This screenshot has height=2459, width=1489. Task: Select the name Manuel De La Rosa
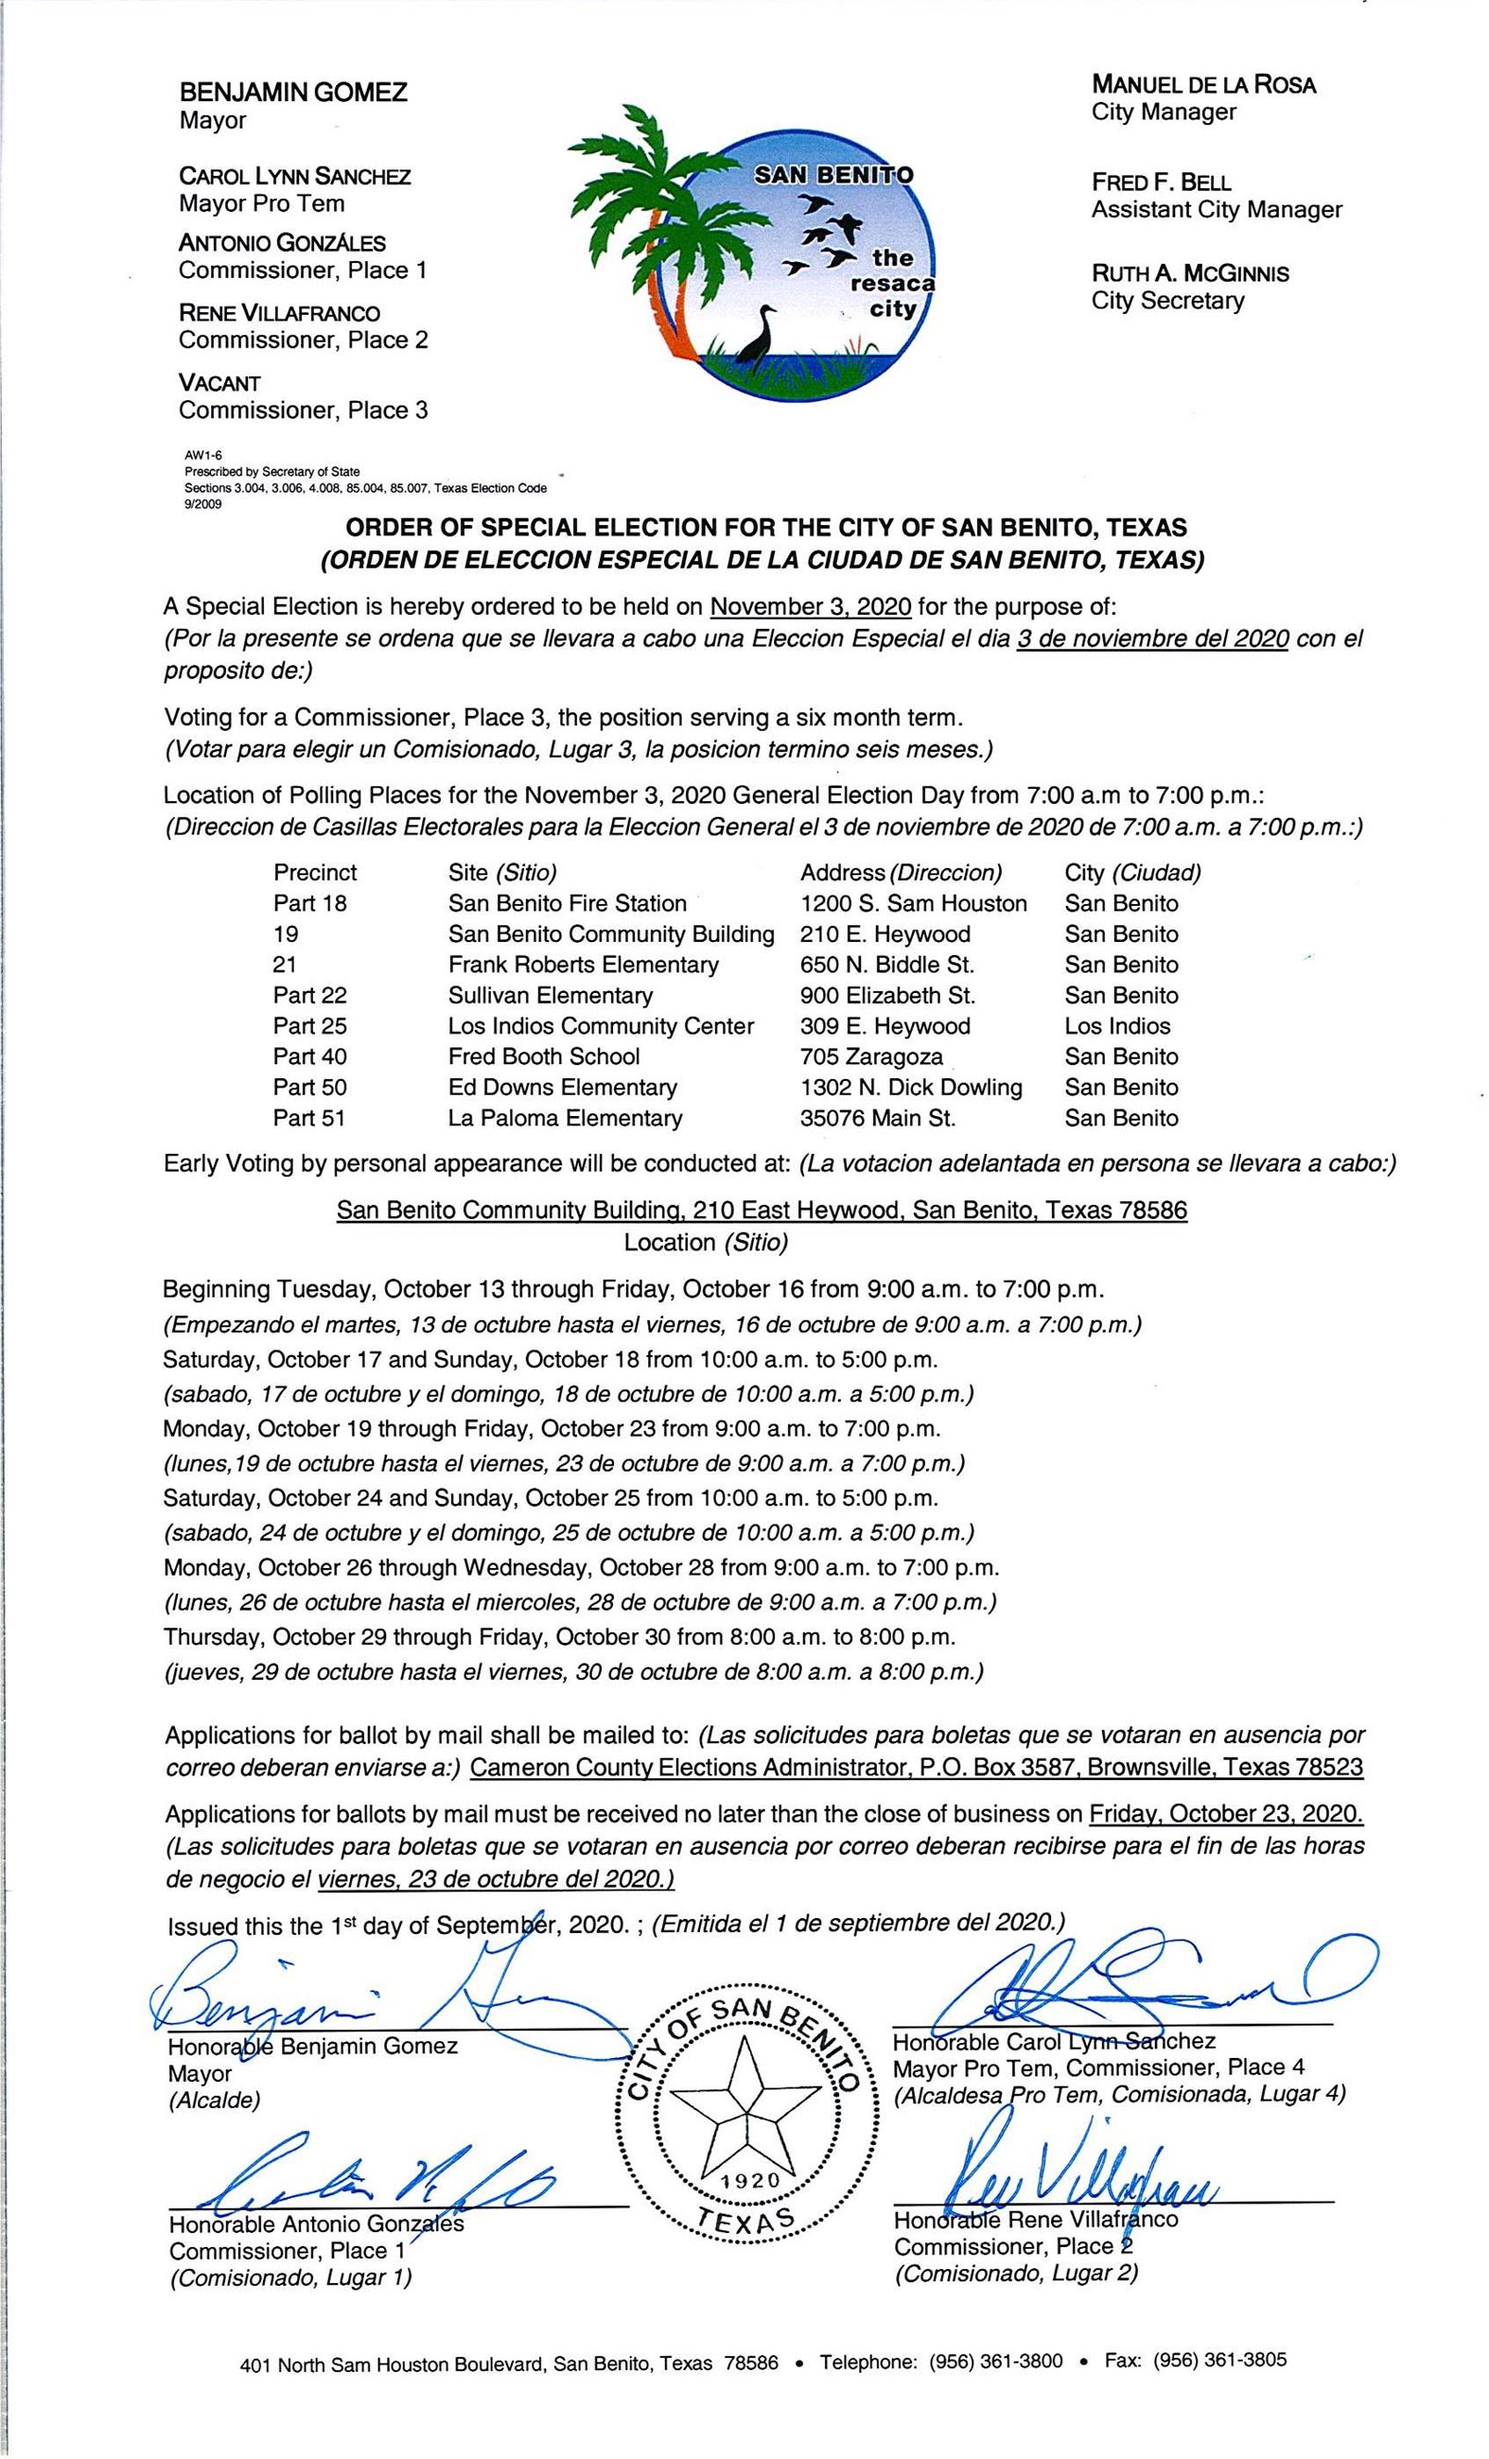pos(1203,85)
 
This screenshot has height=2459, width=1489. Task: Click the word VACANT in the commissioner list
pos(219,383)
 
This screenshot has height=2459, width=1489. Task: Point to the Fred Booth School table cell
pos(544,1055)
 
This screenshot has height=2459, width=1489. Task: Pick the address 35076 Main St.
pos(877,1118)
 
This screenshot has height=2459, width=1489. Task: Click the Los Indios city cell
pos(1116,1026)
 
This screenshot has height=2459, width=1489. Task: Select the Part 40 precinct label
pos(309,1055)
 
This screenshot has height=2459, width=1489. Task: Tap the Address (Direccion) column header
pos(901,872)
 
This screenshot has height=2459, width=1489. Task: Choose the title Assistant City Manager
pos(1216,210)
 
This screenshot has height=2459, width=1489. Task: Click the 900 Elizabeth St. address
pos(887,995)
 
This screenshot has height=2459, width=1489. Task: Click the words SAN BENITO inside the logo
pos(832,176)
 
